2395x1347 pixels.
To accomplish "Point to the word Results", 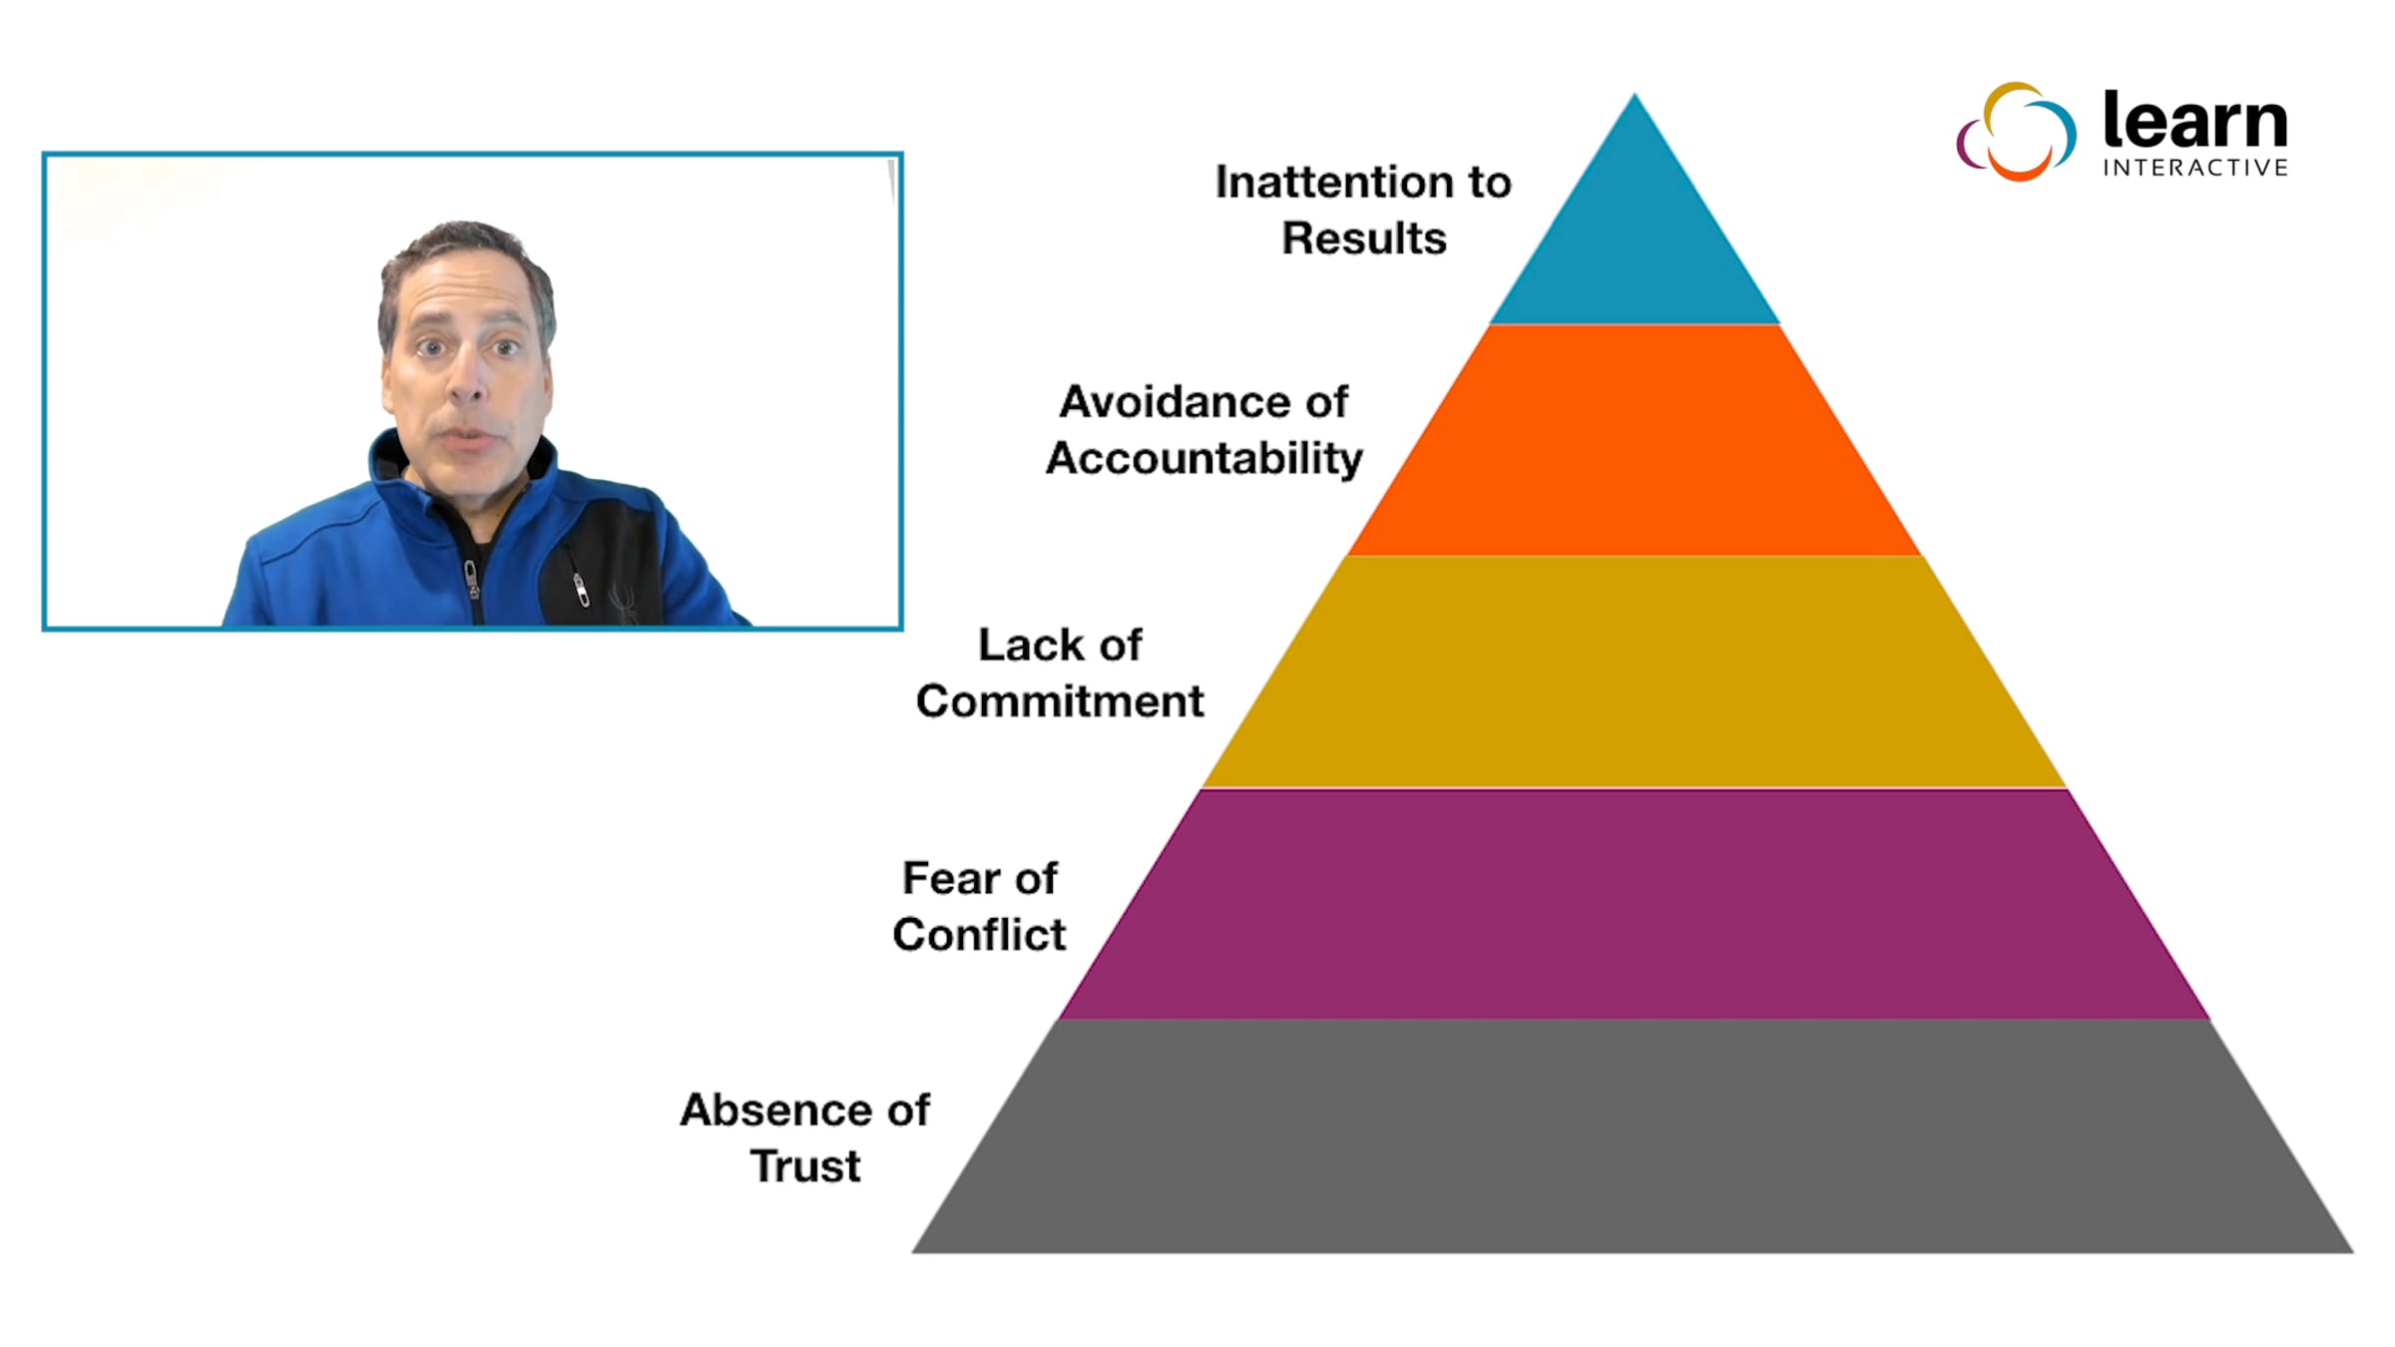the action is click(1364, 238).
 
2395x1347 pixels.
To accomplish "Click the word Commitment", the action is click(1060, 701).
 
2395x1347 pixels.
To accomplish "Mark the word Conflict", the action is click(979, 935).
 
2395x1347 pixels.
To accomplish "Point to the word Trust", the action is click(805, 1166).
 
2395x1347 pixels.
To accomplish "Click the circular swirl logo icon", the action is click(2016, 131).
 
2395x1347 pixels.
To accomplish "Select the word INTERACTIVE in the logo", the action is click(2195, 168).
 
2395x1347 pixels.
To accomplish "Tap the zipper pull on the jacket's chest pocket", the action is click(580, 590).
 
